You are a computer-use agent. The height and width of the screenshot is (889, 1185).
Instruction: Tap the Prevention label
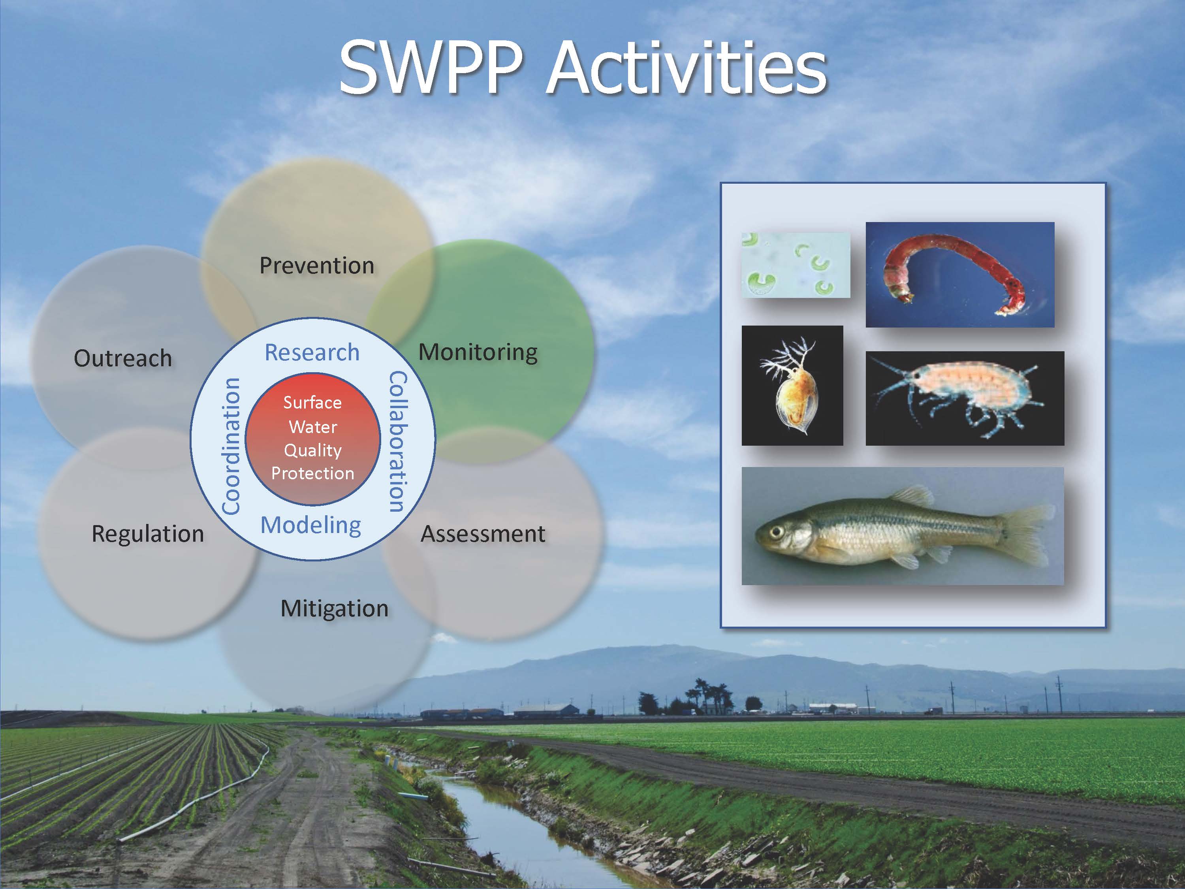[317, 266]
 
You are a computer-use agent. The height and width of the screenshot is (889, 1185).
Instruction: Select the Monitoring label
[478, 352]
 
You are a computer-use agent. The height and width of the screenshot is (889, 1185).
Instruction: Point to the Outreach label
[123, 358]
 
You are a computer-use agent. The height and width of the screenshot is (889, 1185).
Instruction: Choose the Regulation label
[148, 534]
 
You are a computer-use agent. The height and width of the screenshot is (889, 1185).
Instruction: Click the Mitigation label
[334, 609]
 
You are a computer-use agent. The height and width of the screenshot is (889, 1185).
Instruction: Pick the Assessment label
[483, 534]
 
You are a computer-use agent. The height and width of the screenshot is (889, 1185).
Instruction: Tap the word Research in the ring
[312, 352]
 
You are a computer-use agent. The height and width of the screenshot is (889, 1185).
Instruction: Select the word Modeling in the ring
[311, 525]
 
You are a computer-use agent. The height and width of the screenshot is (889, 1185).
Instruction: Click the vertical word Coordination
[231, 446]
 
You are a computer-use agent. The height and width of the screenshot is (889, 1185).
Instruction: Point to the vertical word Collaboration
[397, 442]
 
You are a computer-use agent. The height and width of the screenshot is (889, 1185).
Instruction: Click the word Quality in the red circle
[313, 450]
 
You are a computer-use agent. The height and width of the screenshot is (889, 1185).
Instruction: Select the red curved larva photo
[959, 274]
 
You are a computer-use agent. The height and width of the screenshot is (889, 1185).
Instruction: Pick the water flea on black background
[792, 386]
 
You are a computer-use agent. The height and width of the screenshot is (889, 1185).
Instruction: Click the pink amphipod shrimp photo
[964, 398]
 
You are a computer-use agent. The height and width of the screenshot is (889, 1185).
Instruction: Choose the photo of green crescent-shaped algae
[796, 265]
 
